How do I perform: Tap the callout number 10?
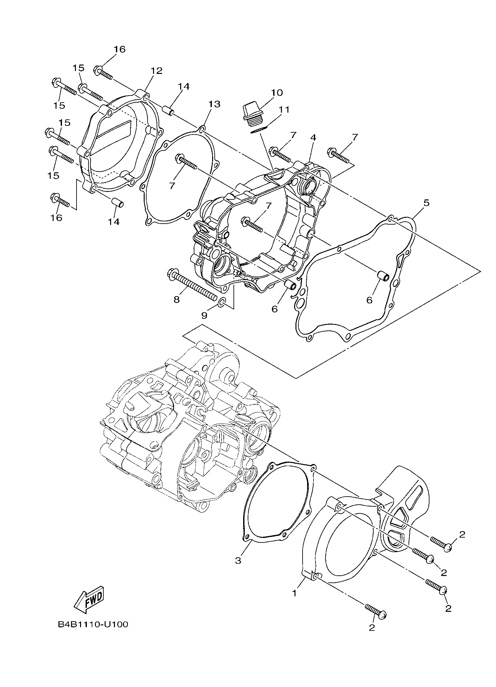pos(277,93)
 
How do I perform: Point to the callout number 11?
pos(284,110)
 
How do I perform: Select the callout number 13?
pos(214,104)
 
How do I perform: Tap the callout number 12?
pos(156,71)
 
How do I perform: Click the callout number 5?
pos(426,203)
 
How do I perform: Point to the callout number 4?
pos(313,137)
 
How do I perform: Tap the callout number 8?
pos(176,299)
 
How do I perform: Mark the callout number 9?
pos(204,315)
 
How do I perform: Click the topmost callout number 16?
pos(119,49)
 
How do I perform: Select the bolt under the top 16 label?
pos(103,73)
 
